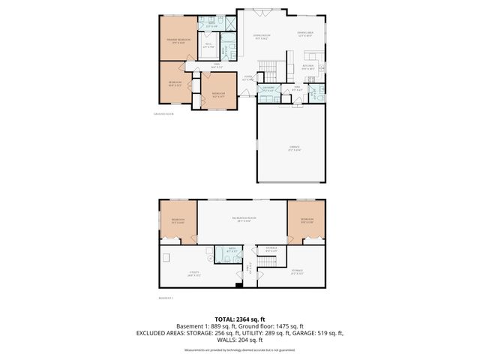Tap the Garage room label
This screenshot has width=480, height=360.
point(293,149)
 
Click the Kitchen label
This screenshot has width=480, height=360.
point(308,67)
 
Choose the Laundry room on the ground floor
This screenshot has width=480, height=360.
point(265,90)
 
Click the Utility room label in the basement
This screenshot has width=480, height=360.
point(182,274)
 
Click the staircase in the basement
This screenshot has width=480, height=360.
point(268,262)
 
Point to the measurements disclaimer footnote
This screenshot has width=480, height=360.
point(239,350)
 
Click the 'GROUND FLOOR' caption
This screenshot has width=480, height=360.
point(163,114)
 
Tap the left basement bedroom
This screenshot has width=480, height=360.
point(178,220)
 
